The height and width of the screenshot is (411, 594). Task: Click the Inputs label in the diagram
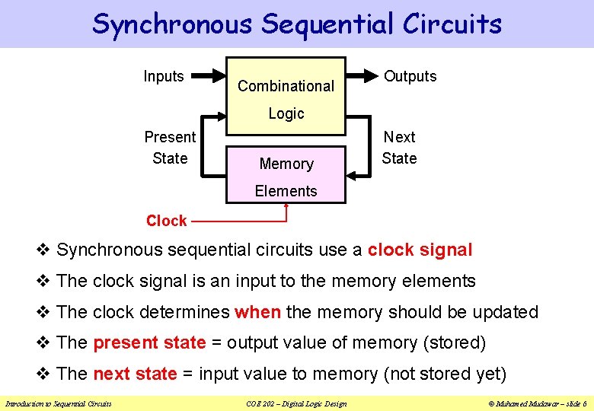[164, 76]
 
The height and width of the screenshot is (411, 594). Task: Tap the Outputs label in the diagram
[410, 76]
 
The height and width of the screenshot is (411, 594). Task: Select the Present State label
[170, 148]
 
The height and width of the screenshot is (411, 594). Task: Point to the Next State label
[399, 148]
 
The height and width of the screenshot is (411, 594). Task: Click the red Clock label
[166, 221]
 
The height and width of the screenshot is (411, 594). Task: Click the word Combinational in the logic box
[286, 86]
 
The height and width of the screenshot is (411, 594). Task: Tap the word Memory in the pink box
[286, 164]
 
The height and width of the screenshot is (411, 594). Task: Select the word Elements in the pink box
[286, 191]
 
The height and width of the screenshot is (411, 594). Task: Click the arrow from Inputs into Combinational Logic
[209, 76]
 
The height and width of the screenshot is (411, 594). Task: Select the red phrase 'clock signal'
[420, 250]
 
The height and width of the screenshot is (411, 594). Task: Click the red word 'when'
[258, 312]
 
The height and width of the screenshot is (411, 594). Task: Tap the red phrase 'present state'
[149, 343]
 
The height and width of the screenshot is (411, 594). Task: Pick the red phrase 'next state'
[134, 374]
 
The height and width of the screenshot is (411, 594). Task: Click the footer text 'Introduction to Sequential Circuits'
[58, 403]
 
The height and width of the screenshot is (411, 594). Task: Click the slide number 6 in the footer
[583, 403]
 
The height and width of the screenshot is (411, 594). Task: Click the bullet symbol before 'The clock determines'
[43, 312]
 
